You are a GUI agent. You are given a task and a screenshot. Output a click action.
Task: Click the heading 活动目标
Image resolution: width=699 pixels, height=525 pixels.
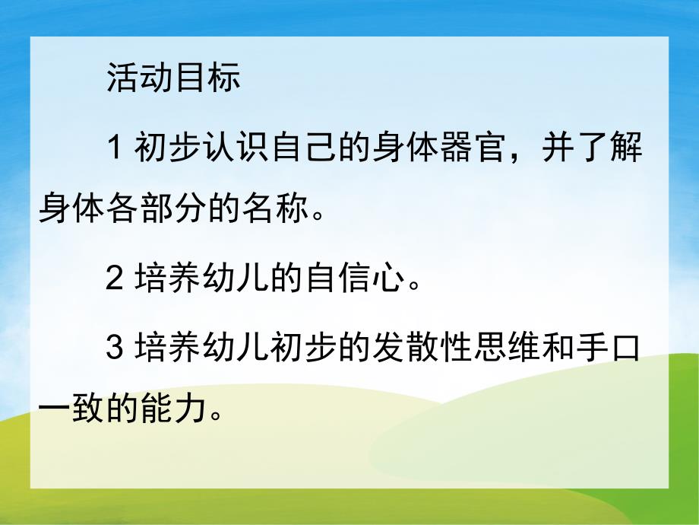(173, 77)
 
